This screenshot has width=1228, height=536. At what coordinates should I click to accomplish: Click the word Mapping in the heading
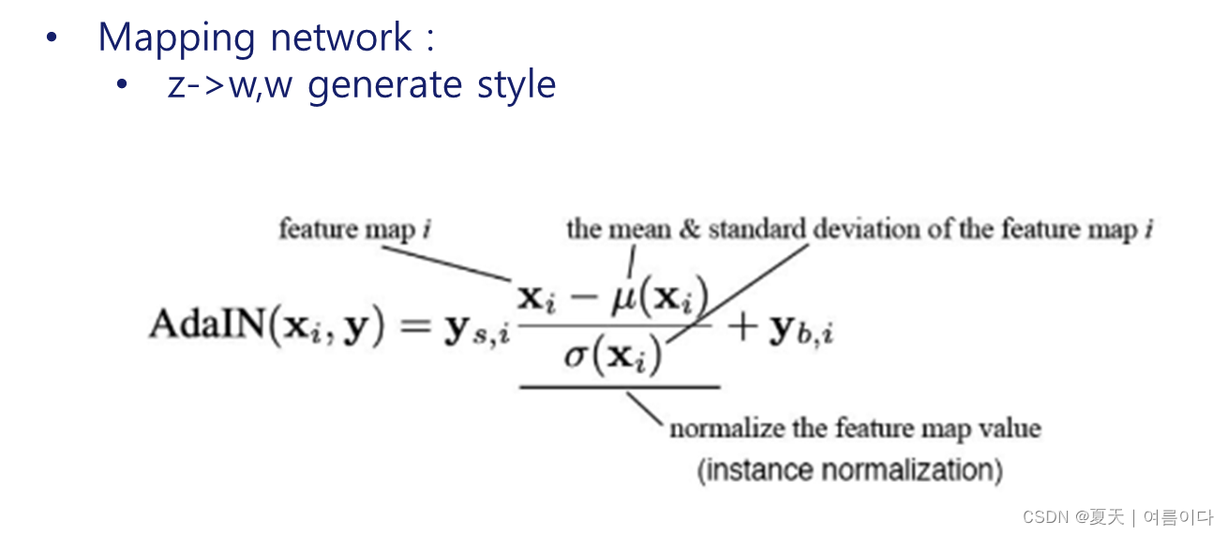tap(177, 37)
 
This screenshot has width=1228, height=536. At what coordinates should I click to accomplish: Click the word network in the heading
tap(341, 37)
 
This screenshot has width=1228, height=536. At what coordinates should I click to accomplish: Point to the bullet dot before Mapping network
tap(52, 39)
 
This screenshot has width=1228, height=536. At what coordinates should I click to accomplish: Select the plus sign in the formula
tap(746, 327)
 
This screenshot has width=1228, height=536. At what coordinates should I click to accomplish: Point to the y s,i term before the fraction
tap(477, 331)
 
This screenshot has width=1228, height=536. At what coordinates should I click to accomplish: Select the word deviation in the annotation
tap(862, 230)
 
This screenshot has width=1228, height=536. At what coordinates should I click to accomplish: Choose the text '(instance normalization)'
tap(849, 469)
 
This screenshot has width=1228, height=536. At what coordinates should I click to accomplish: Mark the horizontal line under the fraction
tap(620, 386)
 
